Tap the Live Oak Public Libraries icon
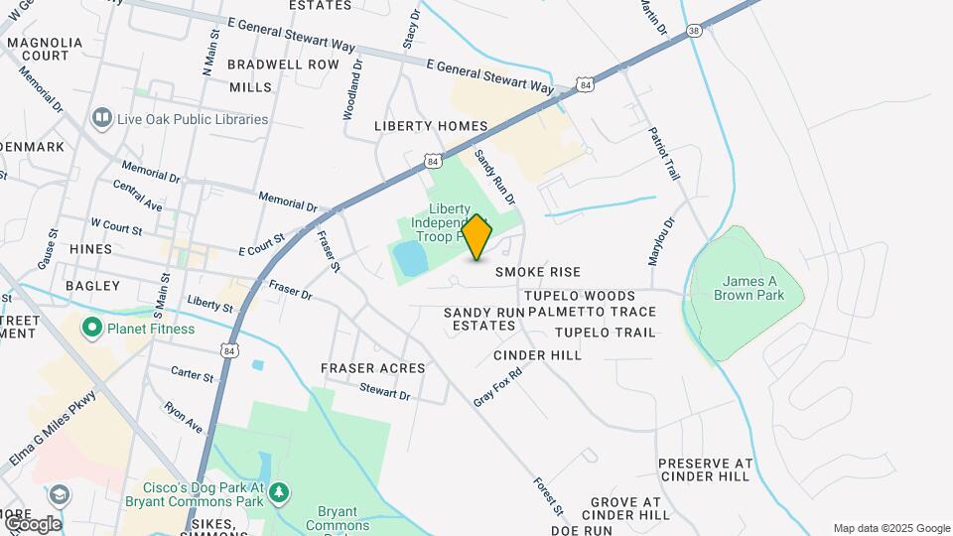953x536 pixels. (x=101, y=119)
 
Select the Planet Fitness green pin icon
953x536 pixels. (x=92, y=327)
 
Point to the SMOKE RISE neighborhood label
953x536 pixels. (x=538, y=271)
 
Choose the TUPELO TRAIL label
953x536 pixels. (x=606, y=333)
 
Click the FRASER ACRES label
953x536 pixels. (x=372, y=368)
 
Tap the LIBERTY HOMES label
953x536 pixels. (x=431, y=126)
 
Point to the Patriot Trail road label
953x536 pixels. (x=662, y=153)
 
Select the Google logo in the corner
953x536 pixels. (x=32, y=523)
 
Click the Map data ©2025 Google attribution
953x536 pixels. (x=890, y=528)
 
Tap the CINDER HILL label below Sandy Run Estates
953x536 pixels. (x=537, y=354)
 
